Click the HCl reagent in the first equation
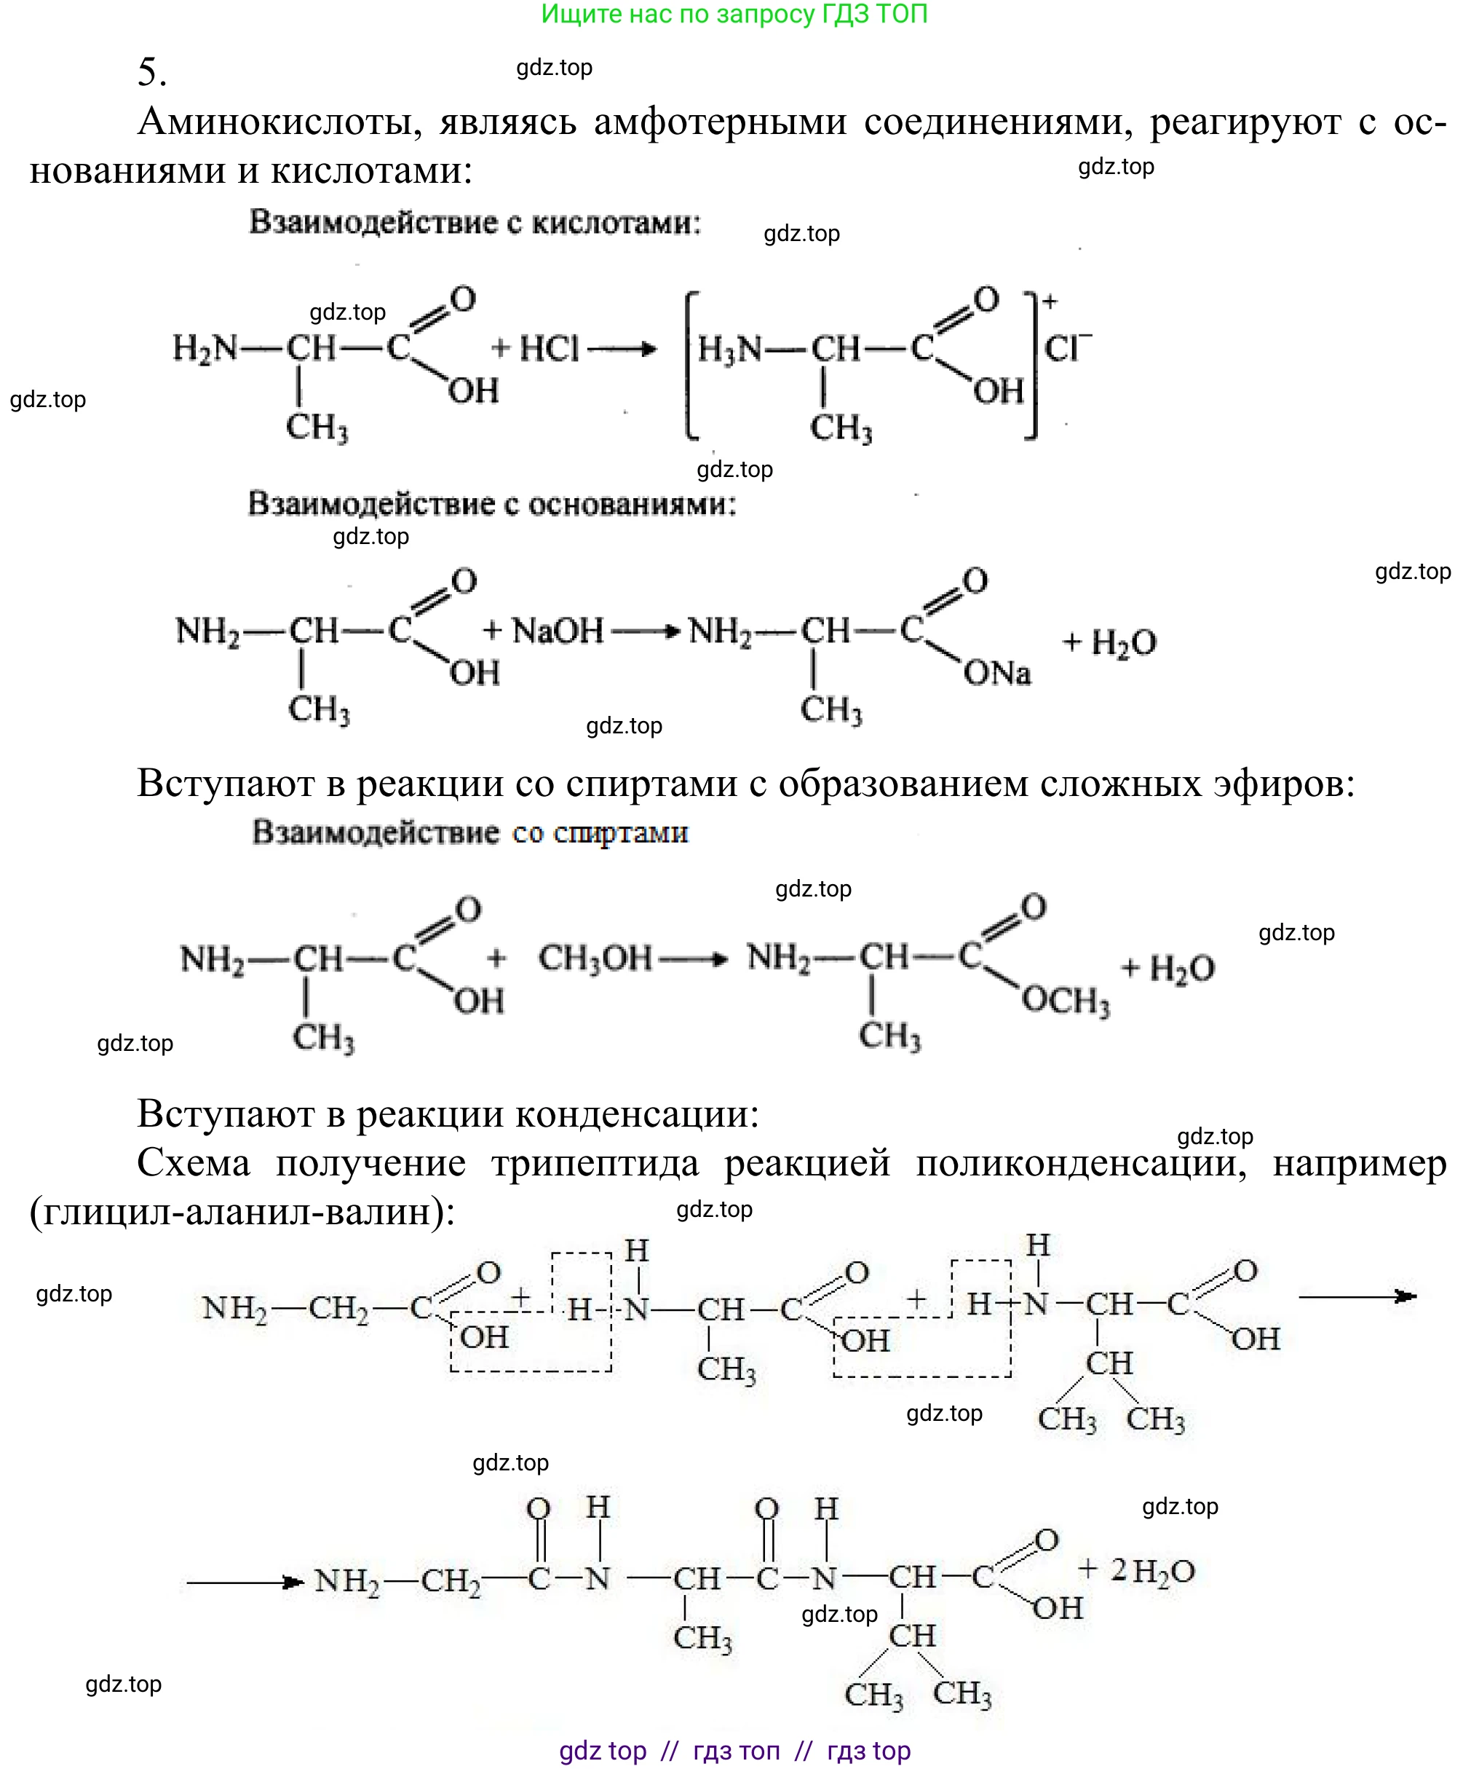[549, 348]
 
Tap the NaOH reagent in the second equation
[558, 630]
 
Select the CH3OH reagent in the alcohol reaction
[595, 958]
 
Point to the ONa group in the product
[997, 673]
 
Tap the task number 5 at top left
[151, 72]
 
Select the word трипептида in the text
[595, 1163]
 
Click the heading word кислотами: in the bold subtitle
[616, 224]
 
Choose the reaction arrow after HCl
[622, 349]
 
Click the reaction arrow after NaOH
[645, 631]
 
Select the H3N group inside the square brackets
[729, 349]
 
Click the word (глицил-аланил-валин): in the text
[242, 1212]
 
